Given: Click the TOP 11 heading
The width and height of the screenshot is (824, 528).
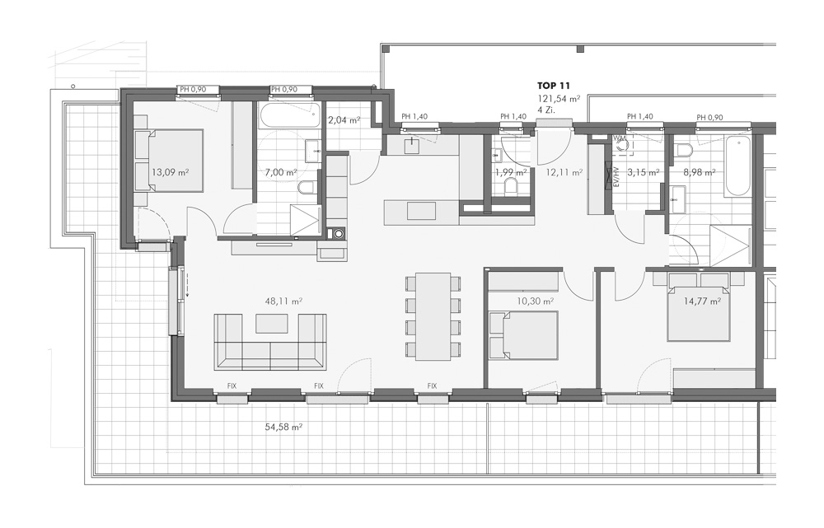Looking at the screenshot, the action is (554, 85).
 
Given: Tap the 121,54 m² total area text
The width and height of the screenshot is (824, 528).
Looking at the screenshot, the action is (558, 98).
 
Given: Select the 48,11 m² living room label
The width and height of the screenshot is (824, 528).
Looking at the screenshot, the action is (283, 301).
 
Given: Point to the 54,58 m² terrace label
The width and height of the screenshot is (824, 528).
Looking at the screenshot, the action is (283, 428).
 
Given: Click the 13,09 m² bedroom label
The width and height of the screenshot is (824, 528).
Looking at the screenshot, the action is (171, 172).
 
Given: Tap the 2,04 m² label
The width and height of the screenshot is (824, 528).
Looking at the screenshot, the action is (344, 119).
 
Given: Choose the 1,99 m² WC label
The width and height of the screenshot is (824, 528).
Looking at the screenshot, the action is (511, 172).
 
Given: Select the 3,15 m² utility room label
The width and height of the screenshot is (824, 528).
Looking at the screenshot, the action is (644, 172).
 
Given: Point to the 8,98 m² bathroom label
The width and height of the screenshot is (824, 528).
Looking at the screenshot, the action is (699, 172).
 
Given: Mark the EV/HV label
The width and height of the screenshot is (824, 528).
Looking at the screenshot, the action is (616, 178).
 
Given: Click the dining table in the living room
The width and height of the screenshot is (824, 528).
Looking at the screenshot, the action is (433, 316).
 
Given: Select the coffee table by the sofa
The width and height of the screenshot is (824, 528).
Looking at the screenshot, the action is (272, 324).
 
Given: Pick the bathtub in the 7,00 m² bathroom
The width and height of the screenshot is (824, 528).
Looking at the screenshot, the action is (289, 114).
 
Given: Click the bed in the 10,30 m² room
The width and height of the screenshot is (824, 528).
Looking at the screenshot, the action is (523, 334).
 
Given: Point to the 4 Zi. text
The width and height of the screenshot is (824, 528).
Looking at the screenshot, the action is (546, 110).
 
